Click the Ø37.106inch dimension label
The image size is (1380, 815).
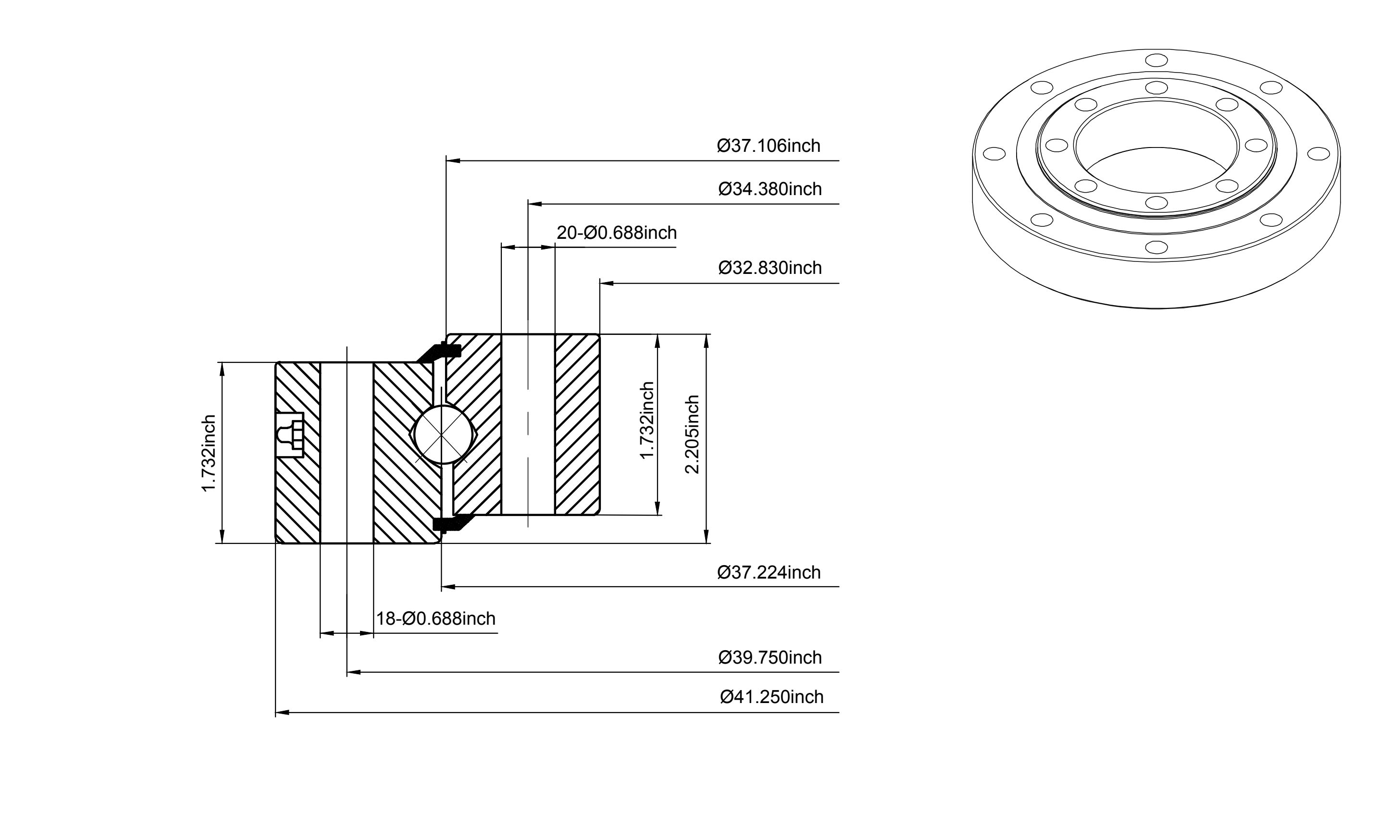(769, 146)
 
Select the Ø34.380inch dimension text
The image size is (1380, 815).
(770, 189)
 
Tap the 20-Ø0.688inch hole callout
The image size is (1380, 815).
(617, 233)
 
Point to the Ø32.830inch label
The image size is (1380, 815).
(770, 268)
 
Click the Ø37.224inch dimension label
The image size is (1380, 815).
(769, 572)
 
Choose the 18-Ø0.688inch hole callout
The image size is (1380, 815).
(435, 618)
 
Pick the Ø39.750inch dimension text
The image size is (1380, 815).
(770, 657)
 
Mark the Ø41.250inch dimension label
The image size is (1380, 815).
(772, 697)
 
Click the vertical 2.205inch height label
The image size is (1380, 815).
(692, 434)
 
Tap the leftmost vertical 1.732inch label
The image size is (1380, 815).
(209, 454)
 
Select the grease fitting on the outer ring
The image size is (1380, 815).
(289, 434)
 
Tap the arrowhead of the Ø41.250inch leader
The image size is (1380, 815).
(282, 713)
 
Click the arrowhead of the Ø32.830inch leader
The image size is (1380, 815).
(607, 284)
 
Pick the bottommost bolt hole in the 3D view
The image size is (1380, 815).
(1156, 247)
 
